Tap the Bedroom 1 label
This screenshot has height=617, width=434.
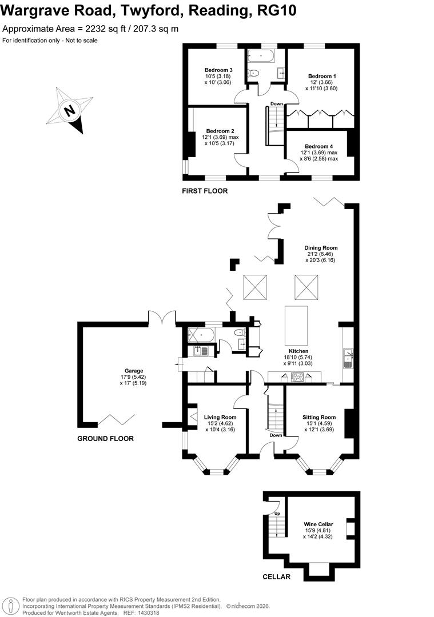coord(322,76)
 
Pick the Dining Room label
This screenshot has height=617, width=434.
coord(321,248)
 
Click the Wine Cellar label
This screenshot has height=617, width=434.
coord(318,524)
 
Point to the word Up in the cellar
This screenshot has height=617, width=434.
coord(278,513)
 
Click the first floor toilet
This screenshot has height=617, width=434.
coord(254,73)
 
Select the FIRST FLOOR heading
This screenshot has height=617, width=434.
coord(205,191)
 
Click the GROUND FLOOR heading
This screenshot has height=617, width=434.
coord(105,439)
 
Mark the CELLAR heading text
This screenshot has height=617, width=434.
coord(276,577)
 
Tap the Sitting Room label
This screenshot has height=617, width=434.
coord(319,417)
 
